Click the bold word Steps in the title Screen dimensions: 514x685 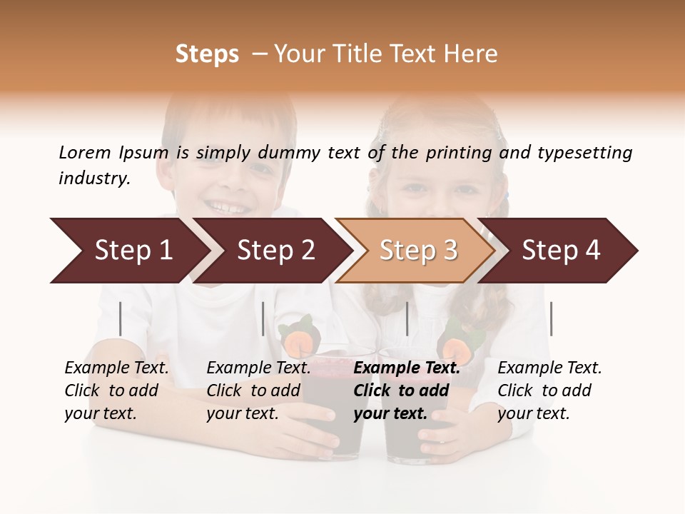point(207,54)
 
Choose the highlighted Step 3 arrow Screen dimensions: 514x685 point(418,251)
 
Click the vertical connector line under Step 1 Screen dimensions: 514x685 point(121,318)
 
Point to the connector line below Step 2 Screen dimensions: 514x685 point(263,318)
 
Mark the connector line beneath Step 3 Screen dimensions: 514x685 point(407,318)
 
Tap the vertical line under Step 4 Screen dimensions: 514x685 point(551,318)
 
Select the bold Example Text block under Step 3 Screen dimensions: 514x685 point(407,390)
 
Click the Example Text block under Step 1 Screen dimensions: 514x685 point(117,390)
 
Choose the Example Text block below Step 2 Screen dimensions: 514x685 point(259,390)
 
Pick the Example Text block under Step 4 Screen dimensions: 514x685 point(549,390)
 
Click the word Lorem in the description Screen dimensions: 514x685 point(85,153)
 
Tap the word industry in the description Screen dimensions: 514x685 point(94,178)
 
